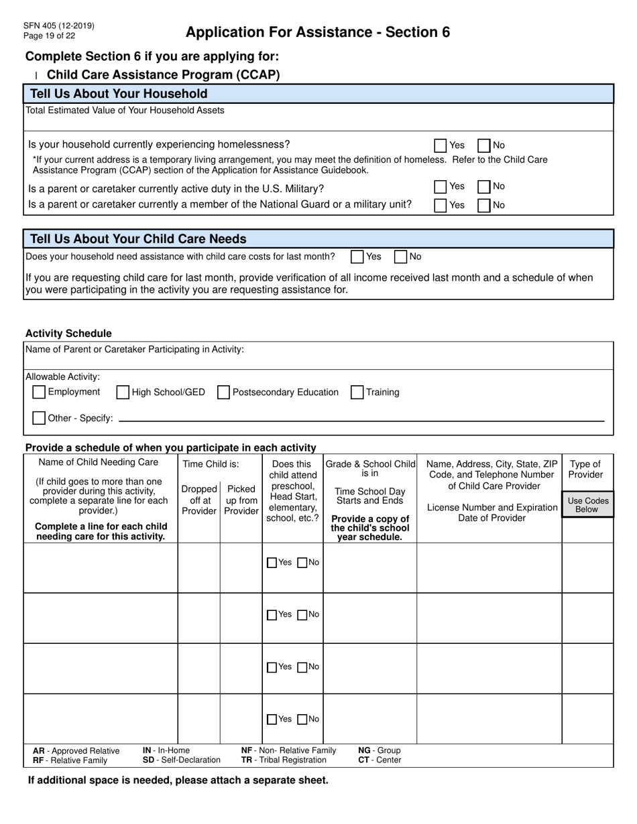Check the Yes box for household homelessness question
coord(441,145)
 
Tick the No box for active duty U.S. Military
coord(483,187)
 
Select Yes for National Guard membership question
coord(441,206)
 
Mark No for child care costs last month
coord(400,257)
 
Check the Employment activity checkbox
coord(39,392)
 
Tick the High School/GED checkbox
coord(123,393)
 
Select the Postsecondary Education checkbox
coord(223,393)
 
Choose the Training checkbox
coord(357,393)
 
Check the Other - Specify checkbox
coord(39,418)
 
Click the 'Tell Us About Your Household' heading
coord(119,94)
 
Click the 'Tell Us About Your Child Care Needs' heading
coord(138,239)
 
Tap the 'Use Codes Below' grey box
coord(587,505)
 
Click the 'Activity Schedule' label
coord(68,334)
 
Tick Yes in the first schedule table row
coord(272,563)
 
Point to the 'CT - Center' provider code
coord(380,760)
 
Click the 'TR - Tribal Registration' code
coord(284,760)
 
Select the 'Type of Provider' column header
coord(585,469)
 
